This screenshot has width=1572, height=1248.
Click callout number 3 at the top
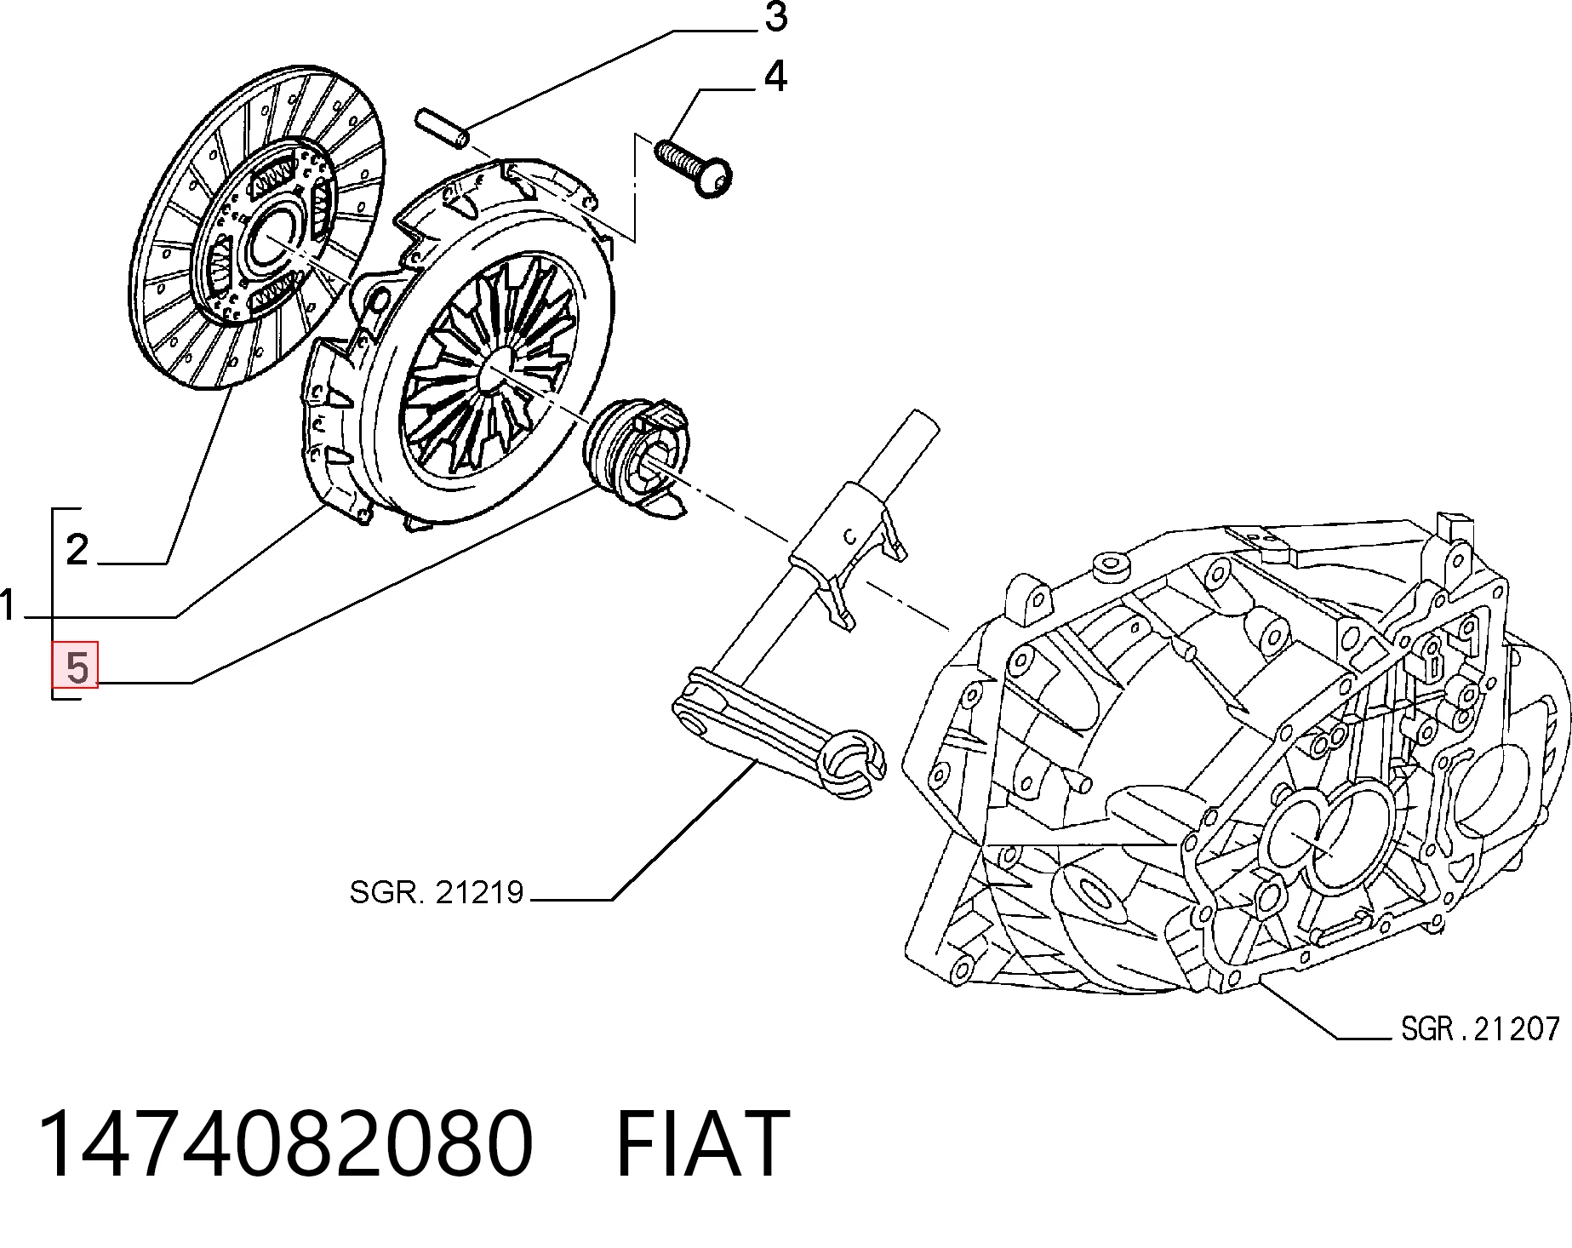coord(775,19)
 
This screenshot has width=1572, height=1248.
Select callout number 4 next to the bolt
coord(775,77)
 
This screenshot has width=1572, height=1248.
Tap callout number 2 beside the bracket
coord(77,550)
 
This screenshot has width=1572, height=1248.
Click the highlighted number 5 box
coord(76,665)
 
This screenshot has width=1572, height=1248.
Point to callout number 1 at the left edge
coord(8,607)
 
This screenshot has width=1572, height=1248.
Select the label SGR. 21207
coord(1479,1028)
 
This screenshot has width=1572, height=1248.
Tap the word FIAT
coord(701,1142)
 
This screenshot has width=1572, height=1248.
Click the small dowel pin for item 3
coord(440,129)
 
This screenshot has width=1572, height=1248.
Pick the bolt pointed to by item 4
coord(694,169)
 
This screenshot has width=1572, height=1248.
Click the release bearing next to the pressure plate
coord(637,461)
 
